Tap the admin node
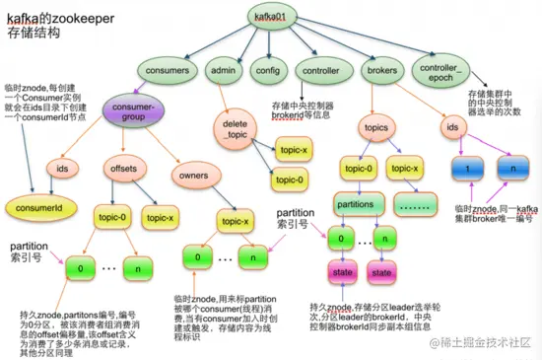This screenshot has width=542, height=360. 223,71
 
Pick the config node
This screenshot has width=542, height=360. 267,71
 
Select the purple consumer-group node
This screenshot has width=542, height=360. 133,111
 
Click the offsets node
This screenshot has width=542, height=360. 123,170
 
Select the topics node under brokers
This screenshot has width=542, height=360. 375,129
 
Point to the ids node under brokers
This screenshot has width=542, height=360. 454,127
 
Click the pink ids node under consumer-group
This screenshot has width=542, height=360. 61,170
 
